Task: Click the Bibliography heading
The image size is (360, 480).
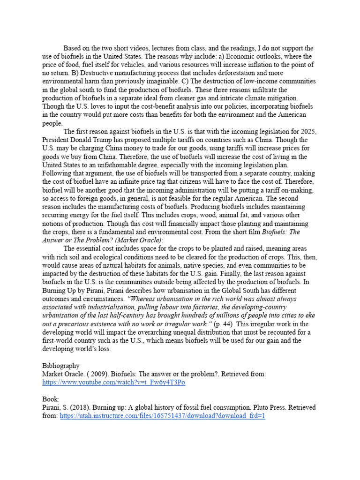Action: pyautogui.click(x=60, y=366)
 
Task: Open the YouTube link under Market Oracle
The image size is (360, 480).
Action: pyautogui.click(x=114, y=382)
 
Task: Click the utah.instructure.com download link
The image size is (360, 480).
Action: pyautogui.click(x=162, y=416)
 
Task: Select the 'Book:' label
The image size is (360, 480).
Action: pyautogui.click(x=50, y=399)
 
